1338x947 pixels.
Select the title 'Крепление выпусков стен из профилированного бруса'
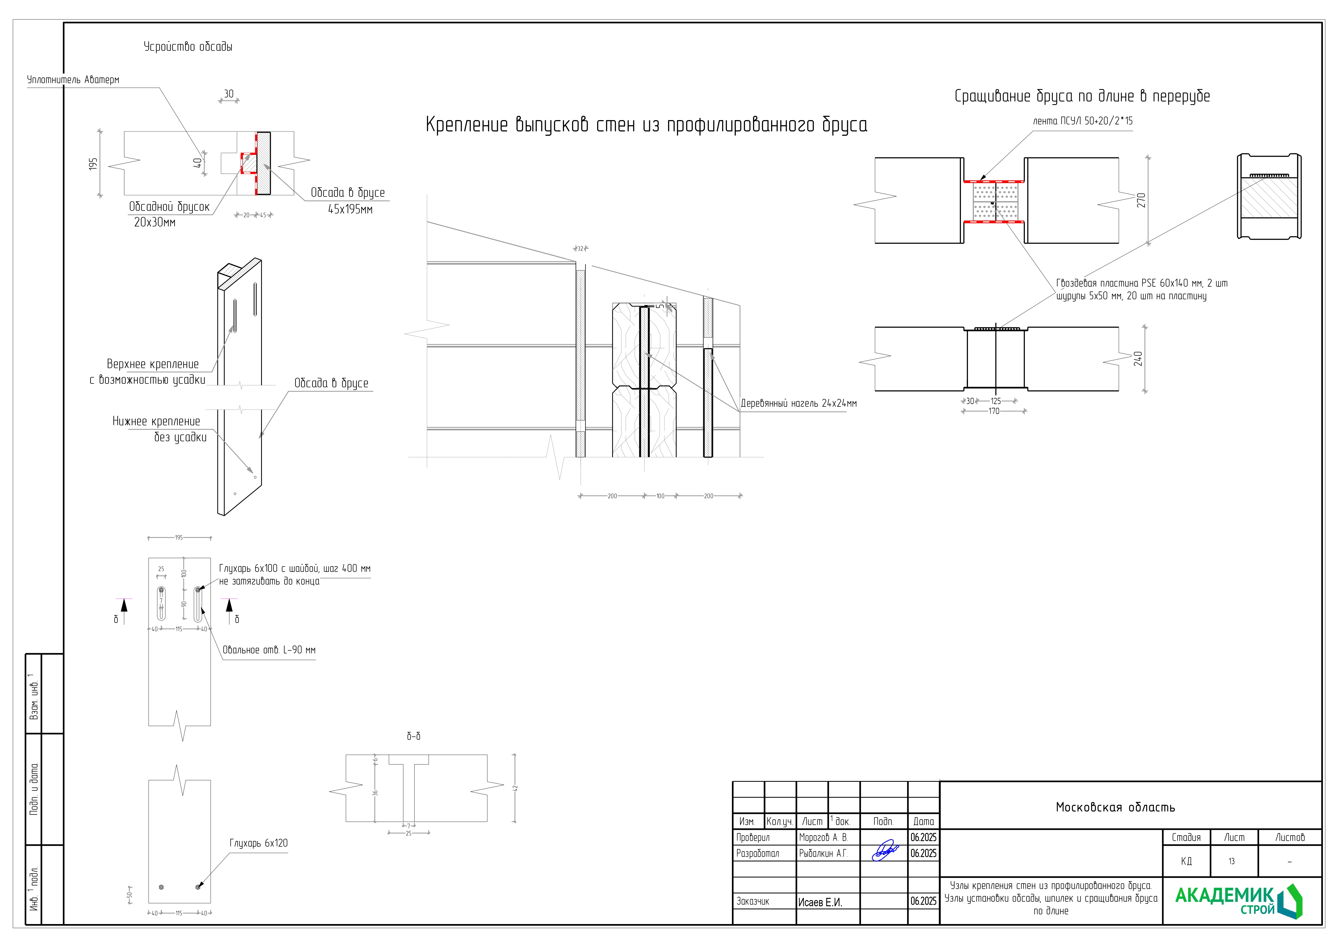point(646,125)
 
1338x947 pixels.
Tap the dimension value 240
point(1138,359)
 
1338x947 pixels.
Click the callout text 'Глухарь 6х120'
point(258,843)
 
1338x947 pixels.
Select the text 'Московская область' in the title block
point(1115,808)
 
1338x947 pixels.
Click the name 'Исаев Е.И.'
point(820,902)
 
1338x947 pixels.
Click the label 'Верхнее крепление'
point(153,364)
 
